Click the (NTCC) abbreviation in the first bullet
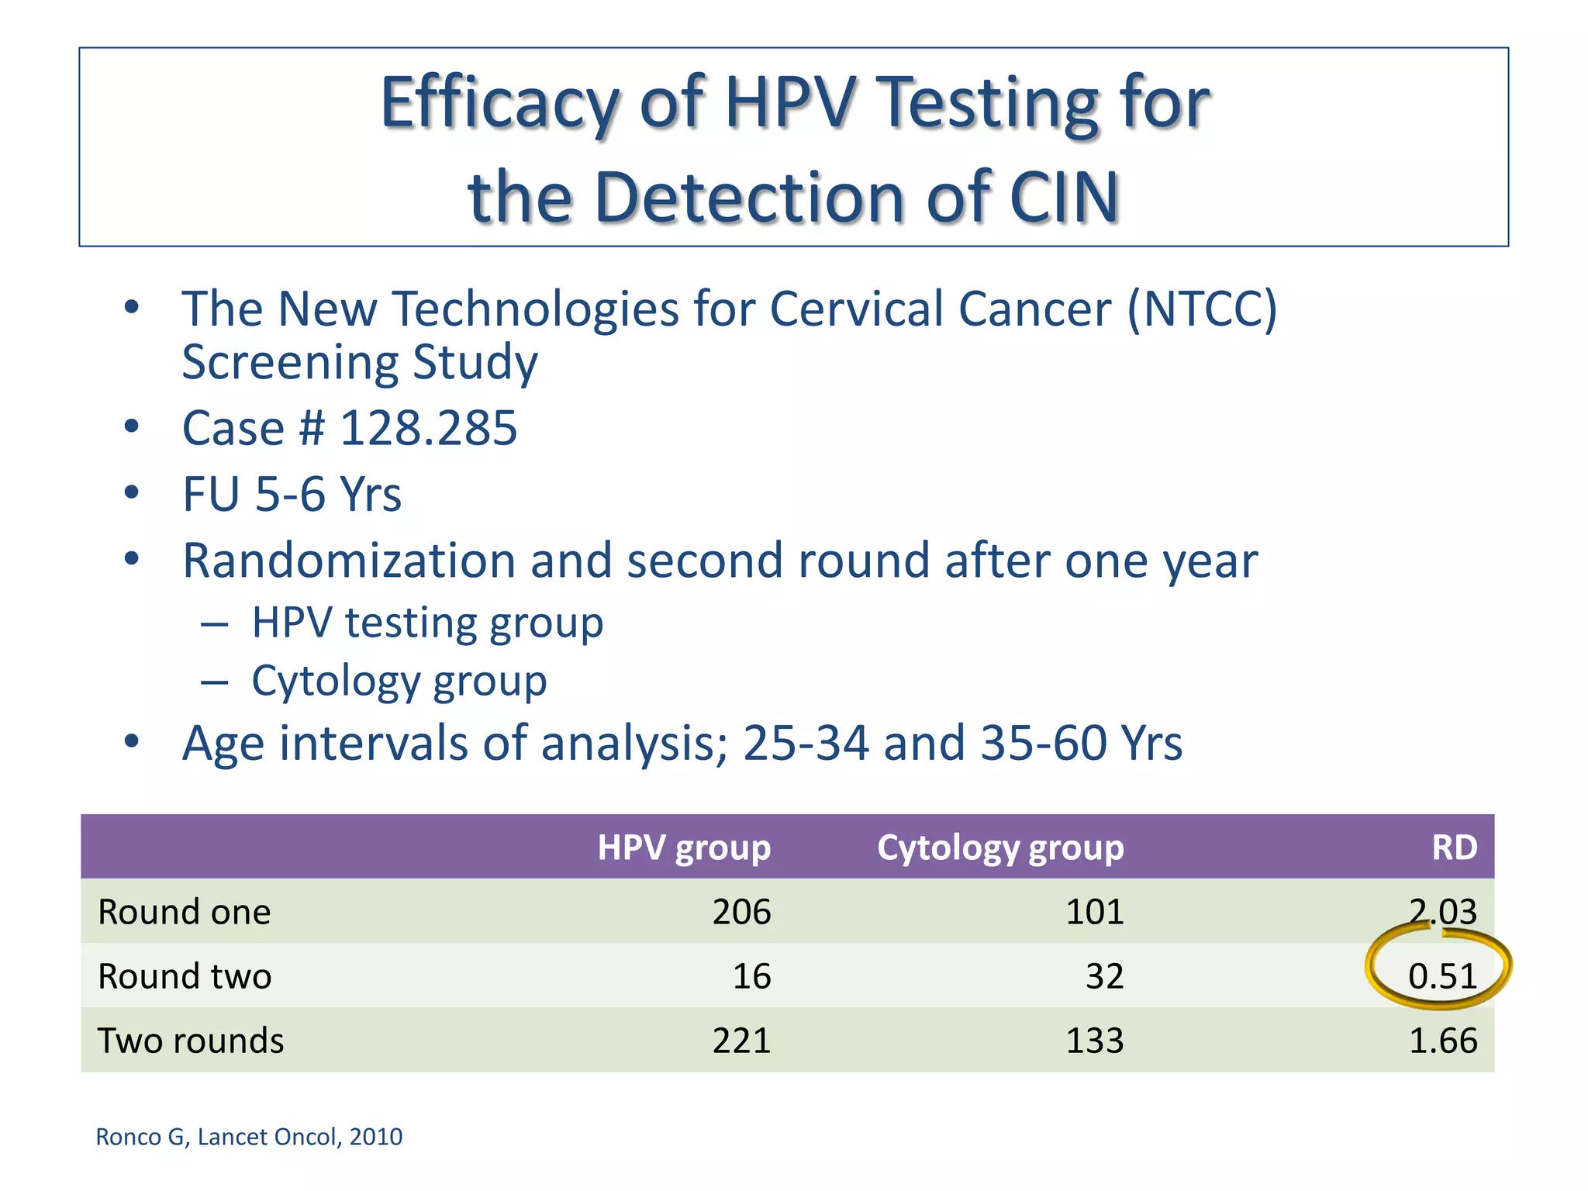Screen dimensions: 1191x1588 pos(1202,309)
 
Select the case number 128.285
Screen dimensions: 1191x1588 pos(428,428)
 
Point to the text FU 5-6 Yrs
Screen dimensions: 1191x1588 pos(292,494)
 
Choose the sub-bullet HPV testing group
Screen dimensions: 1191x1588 pos(427,623)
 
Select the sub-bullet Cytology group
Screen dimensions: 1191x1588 pos(399,681)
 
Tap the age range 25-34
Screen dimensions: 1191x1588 pos(805,743)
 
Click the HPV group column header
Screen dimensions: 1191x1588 pos(684,848)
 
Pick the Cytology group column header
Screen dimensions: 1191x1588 pos(1000,848)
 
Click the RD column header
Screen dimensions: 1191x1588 pos(1454,848)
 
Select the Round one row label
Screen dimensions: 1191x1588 pos(185,912)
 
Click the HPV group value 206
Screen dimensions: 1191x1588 pos(741,912)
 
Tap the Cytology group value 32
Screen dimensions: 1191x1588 pos(1104,976)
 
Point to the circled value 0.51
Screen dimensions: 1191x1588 pos(1442,976)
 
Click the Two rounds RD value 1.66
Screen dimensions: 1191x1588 pos(1442,1041)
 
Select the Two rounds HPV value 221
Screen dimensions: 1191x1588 pos(741,1041)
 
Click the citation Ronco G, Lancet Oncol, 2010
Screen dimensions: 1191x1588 pos(249,1137)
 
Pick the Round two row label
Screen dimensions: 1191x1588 pos(185,976)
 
